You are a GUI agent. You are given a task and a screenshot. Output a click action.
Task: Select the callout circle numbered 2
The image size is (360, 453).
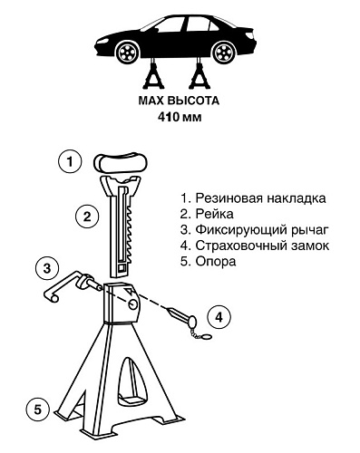(x=86, y=217)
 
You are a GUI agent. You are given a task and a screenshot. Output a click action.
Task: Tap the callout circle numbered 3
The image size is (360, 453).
(x=48, y=269)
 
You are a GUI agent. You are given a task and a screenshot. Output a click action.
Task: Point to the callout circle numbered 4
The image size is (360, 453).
(x=219, y=317)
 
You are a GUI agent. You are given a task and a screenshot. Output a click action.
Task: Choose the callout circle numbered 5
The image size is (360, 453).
(x=35, y=409)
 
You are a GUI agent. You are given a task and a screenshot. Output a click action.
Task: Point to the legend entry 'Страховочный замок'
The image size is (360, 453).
(x=253, y=246)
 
